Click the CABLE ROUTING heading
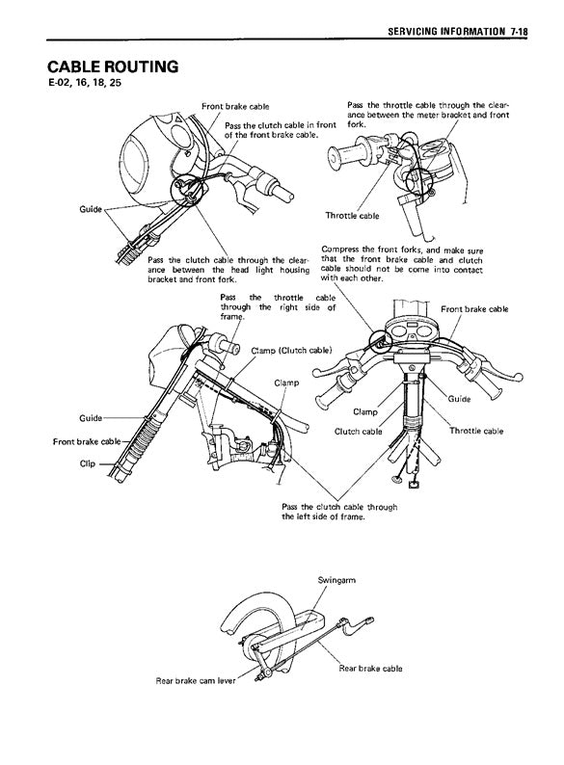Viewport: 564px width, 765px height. click(113, 66)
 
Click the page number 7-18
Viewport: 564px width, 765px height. click(520, 32)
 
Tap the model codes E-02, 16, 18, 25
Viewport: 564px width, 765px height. click(85, 83)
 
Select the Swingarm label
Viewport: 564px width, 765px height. click(336, 580)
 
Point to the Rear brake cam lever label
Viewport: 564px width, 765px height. click(196, 680)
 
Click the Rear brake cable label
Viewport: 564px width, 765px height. click(370, 669)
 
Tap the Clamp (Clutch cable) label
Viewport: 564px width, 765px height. click(291, 351)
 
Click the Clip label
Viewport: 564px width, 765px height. click(88, 463)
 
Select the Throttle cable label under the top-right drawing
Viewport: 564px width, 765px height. click(352, 216)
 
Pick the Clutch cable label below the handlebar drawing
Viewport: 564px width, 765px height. click(359, 432)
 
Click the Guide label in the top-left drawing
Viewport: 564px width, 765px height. click(91, 209)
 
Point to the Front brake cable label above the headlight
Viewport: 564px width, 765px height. click(235, 106)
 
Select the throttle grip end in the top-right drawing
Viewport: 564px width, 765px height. click(335, 159)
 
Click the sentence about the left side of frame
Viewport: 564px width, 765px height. click(339, 512)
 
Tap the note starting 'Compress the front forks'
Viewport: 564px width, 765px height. click(402, 264)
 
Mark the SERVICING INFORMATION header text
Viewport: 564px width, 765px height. click(446, 32)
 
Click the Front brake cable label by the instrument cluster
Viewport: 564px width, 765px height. click(474, 309)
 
